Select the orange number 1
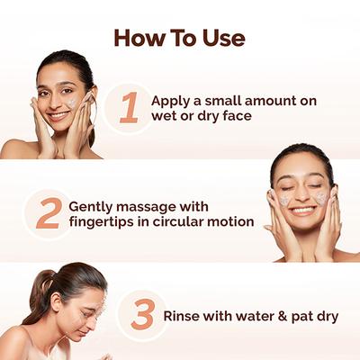(129, 108)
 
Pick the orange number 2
(48, 212)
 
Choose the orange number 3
(142, 315)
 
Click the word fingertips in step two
(105, 221)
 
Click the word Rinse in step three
(183, 316)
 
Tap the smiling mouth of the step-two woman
(303, 210)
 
